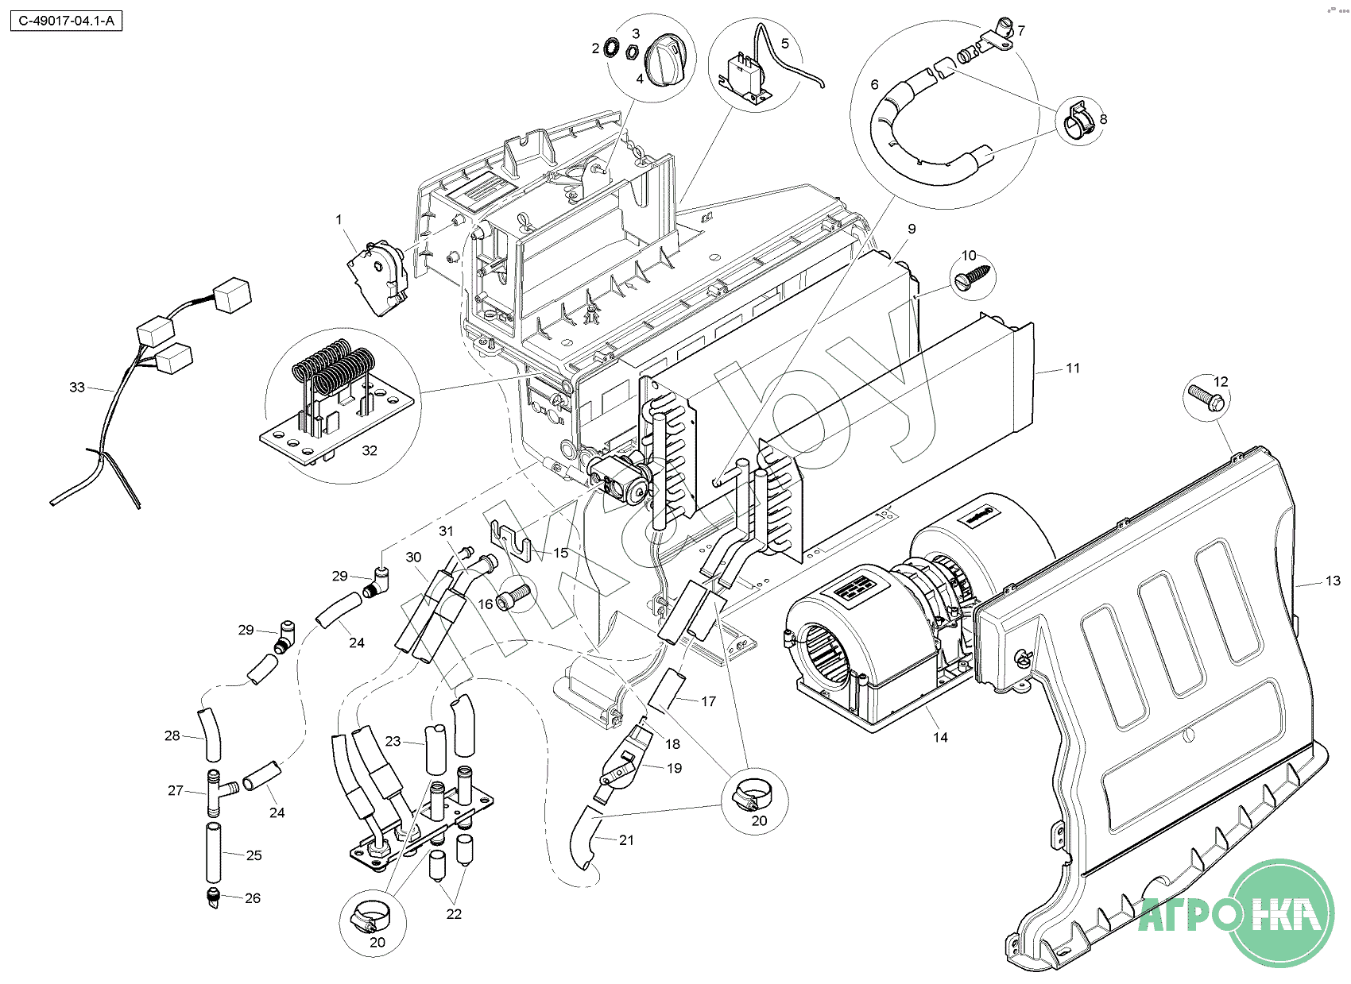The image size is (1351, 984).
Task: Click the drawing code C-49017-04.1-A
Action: [x=66, y=21]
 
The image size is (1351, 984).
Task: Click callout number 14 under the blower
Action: [x=940, y=738]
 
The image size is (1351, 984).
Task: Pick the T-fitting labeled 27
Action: [x=219, y=792]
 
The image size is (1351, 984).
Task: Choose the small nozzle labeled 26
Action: [x=213, y=899]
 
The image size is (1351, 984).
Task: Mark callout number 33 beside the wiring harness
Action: [x=76, y=388]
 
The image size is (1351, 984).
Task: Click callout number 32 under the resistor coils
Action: [x=370, y=450]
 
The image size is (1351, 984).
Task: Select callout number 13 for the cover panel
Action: [x=1333, y=581]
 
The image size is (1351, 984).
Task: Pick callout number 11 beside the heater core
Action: [x=1073, y=369]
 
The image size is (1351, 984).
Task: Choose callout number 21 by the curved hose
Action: [x=626, y=840]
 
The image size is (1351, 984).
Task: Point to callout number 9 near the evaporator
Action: [x=912, y=229]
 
